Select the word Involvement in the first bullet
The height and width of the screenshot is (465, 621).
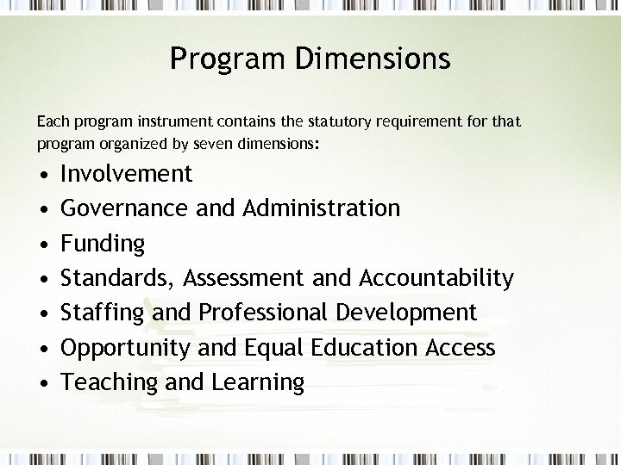tap(127, 174)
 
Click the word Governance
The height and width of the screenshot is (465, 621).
tap(126, 208)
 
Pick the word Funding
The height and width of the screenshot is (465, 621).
tap(103, 244)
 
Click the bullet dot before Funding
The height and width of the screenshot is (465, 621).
tap(43, 245)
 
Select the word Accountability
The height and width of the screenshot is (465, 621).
tap(436, 278)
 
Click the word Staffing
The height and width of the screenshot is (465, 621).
tap(103, 313)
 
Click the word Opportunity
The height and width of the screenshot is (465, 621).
tap(126, 348)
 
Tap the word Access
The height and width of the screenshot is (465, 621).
tap(460, 348)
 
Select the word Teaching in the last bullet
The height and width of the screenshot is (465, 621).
tap(110, 382)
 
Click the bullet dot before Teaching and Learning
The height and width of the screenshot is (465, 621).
tap(43, 383)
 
